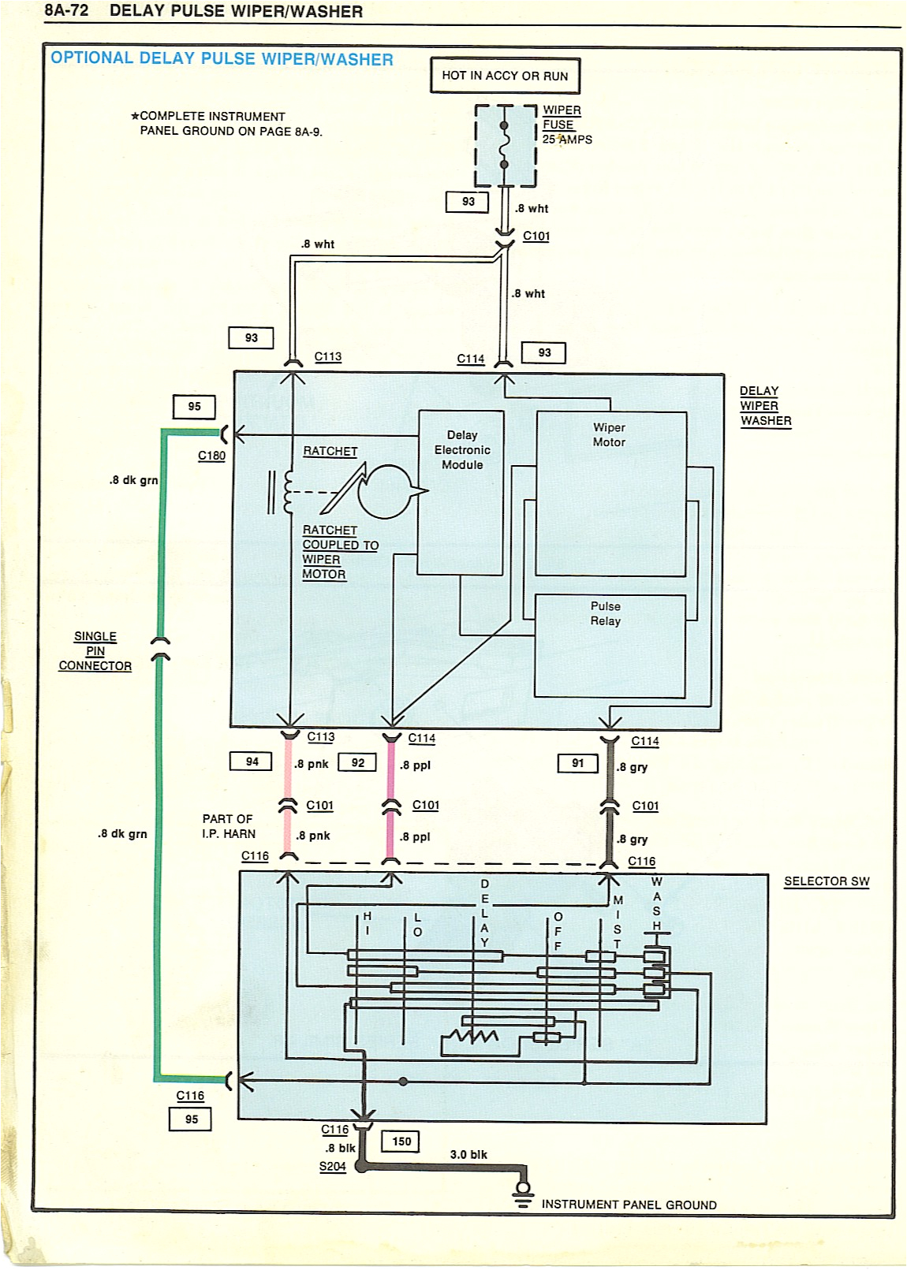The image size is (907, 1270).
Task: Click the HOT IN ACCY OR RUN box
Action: click(x=505, y=76)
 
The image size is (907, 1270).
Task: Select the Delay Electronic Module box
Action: click(x=461, y=493)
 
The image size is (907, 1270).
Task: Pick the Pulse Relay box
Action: click(x=610, y=646)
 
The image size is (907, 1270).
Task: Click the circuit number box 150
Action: click(x=401, y=1142)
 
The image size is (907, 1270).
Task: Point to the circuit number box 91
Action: click(x=578, y=763)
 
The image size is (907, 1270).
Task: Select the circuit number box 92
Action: click(x=358, y=762)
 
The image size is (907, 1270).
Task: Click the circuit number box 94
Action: click(x=252, y=762)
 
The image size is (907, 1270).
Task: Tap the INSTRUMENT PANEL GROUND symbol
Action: click(x=522, y=1194)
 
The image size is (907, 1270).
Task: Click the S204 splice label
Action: click(x=332, y=1167)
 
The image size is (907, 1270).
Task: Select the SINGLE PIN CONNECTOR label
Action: click(x=95, y=651)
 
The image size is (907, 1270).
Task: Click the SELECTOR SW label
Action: click(x=827, y=881)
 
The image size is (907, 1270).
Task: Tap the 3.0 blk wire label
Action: click(x=468, y=1154)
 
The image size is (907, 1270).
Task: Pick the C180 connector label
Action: click(x=211, y=456)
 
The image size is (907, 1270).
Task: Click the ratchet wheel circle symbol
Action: click(x=385, y=491)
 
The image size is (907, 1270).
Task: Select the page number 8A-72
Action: click(x=67, y=11)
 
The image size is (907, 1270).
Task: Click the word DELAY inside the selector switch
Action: click(x=484, y=913)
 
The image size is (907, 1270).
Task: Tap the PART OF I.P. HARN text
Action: click(x=228, y=826)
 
